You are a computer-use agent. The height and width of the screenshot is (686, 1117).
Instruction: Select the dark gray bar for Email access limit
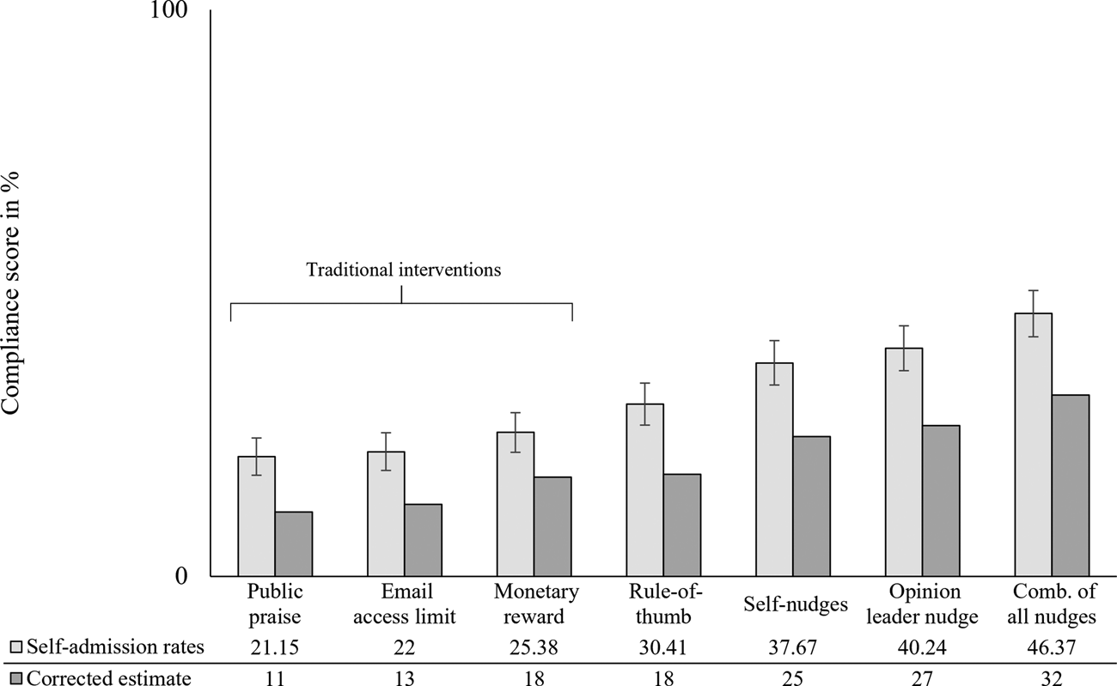(423, 540)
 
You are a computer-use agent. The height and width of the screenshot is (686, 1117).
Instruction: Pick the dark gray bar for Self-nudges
(811, 507)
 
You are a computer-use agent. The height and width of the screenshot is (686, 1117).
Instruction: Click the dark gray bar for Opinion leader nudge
(941, 501)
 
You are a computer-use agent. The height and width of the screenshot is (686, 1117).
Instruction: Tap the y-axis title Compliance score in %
(12, 293)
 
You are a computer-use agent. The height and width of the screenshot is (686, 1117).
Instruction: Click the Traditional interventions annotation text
(403, 270)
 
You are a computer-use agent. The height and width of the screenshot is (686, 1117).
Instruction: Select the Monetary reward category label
(536, 604)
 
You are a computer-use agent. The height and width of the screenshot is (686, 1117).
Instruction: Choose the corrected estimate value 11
(275, 677)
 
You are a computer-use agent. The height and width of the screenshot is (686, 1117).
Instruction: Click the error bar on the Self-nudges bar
(773, 362)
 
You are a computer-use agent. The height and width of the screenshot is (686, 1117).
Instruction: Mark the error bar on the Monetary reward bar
(516, 432)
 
